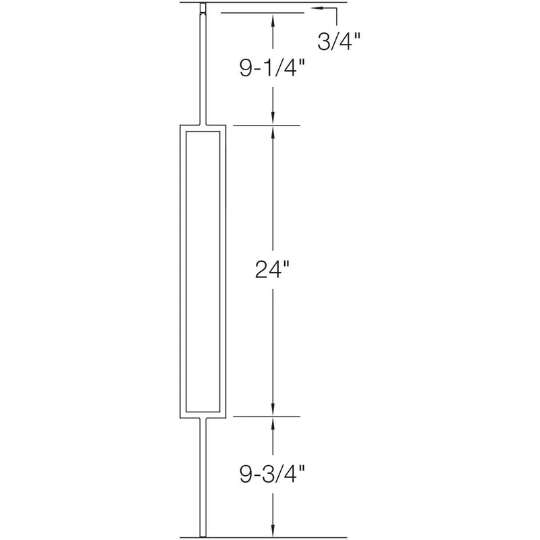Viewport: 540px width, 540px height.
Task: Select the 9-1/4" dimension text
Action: (x=273, y=68)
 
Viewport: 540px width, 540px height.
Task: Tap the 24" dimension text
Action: (x=273, y=270)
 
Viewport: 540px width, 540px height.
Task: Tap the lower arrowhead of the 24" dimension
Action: (x=273, y=409)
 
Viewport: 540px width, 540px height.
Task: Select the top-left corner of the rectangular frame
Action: (x=180, y=126)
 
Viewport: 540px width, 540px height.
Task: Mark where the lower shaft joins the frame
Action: (x=202, y=418)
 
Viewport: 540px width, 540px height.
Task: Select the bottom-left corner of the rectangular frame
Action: (x=180, y=416)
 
